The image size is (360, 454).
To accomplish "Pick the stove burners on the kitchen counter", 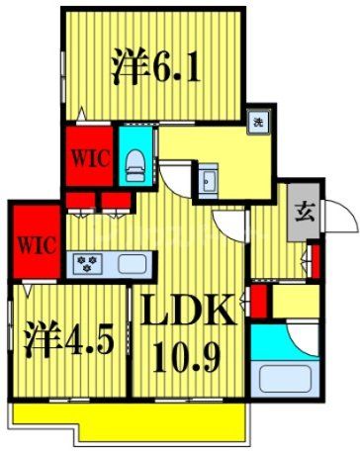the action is (x=85, y=263).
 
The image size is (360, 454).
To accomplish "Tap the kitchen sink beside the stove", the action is (x=132, y=264).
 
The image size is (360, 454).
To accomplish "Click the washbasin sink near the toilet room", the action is (x=209, y=180).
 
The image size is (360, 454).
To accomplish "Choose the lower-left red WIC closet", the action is (x=34, y=240).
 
